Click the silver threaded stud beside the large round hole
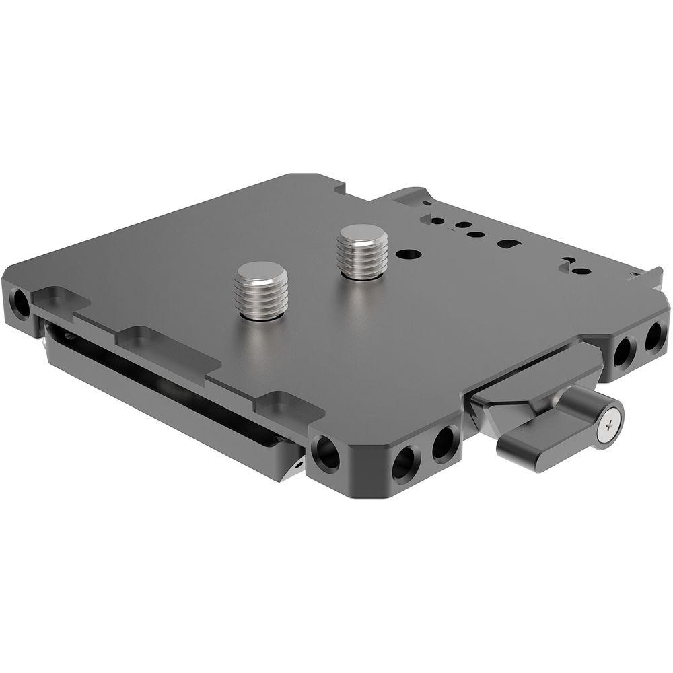pyautogui.click(x=362, y=251)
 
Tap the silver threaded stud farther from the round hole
pyautogui.click(x=262, y=290)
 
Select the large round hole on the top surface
pyautogui.click(x=409, y=256)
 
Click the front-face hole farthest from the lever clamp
pyautogui.click(x=404, y=461)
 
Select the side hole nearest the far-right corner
pyautogui.click(x=653, y=336)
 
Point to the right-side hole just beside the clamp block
pyautogui.click(x=623, y=351)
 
